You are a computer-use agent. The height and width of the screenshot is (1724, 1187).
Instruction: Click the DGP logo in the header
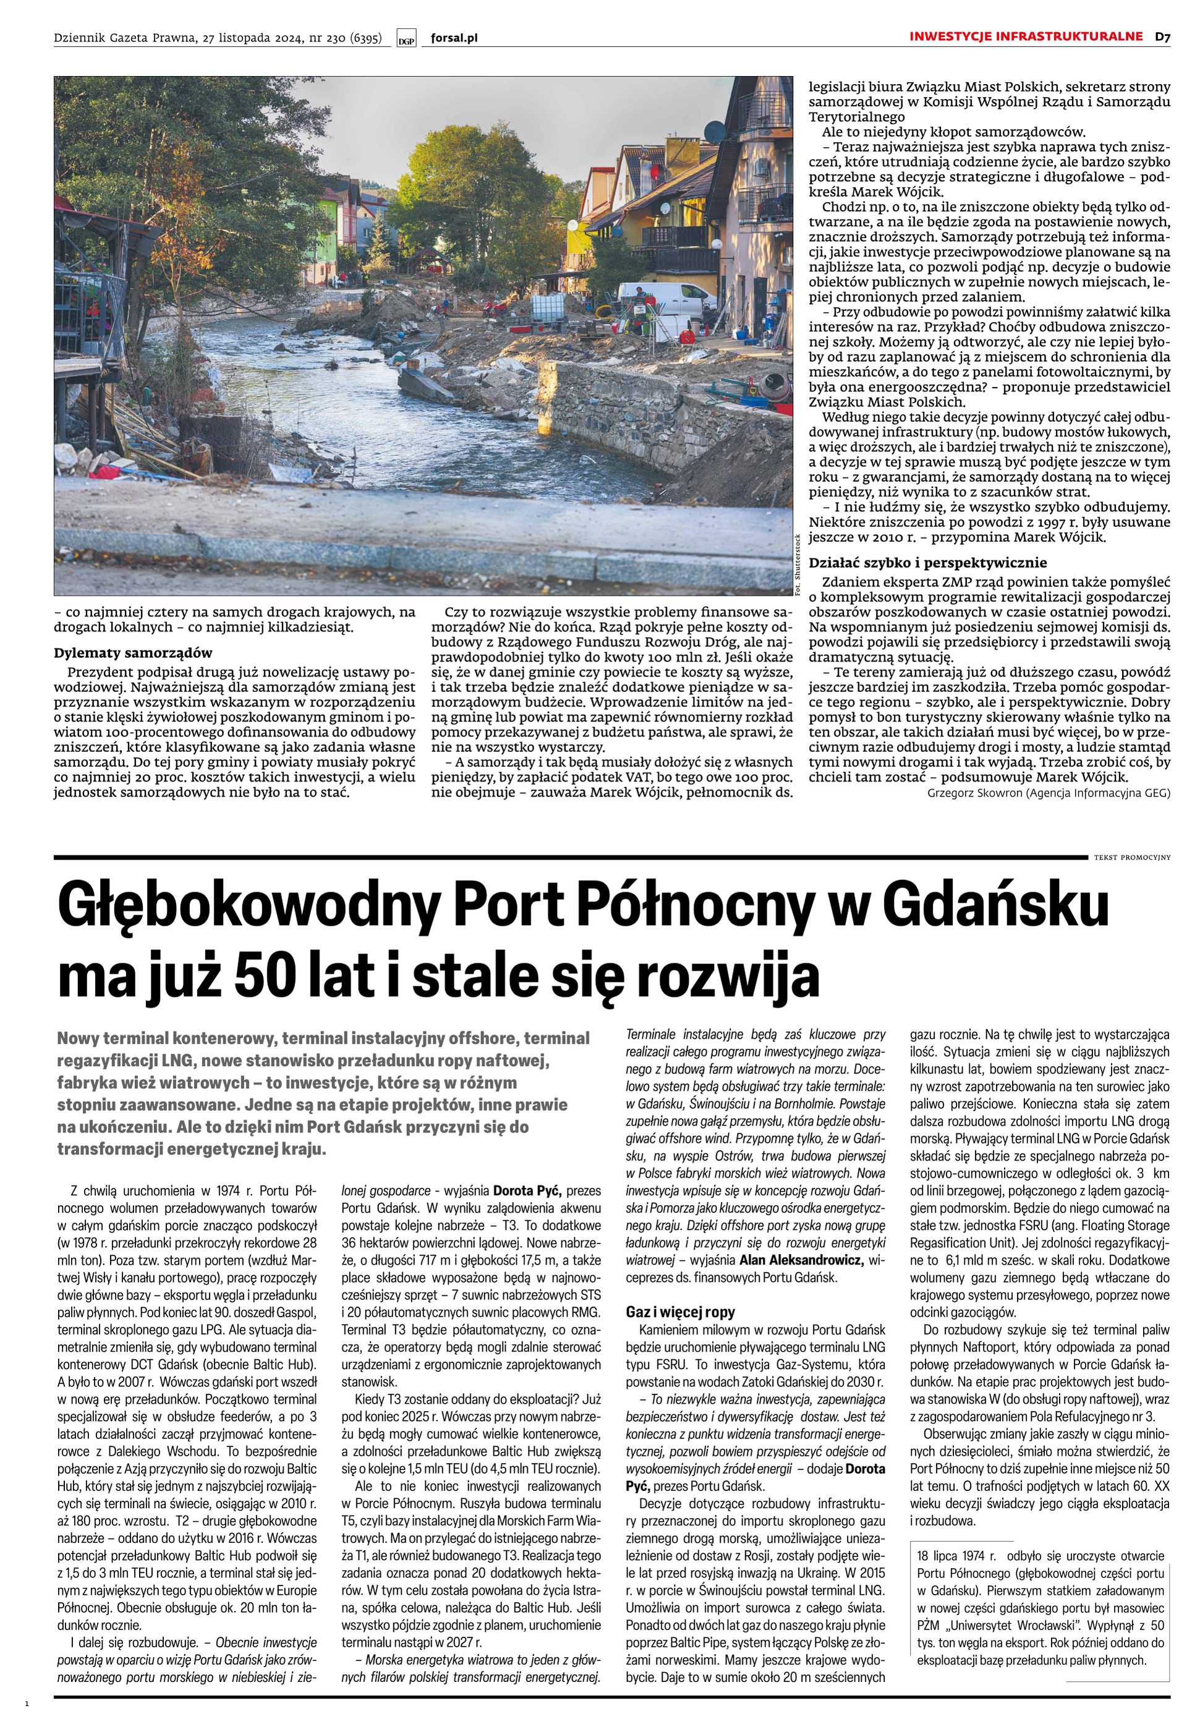tap(406, 40)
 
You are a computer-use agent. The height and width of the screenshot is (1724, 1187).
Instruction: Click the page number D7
tap(1162, 36)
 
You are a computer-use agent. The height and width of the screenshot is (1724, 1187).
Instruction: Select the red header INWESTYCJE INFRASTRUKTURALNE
tap(1026, 36)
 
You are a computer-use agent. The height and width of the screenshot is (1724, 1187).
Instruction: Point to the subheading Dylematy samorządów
tap(133, 653)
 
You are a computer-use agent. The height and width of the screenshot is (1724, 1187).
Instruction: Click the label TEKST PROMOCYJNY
tap(1132, 857)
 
